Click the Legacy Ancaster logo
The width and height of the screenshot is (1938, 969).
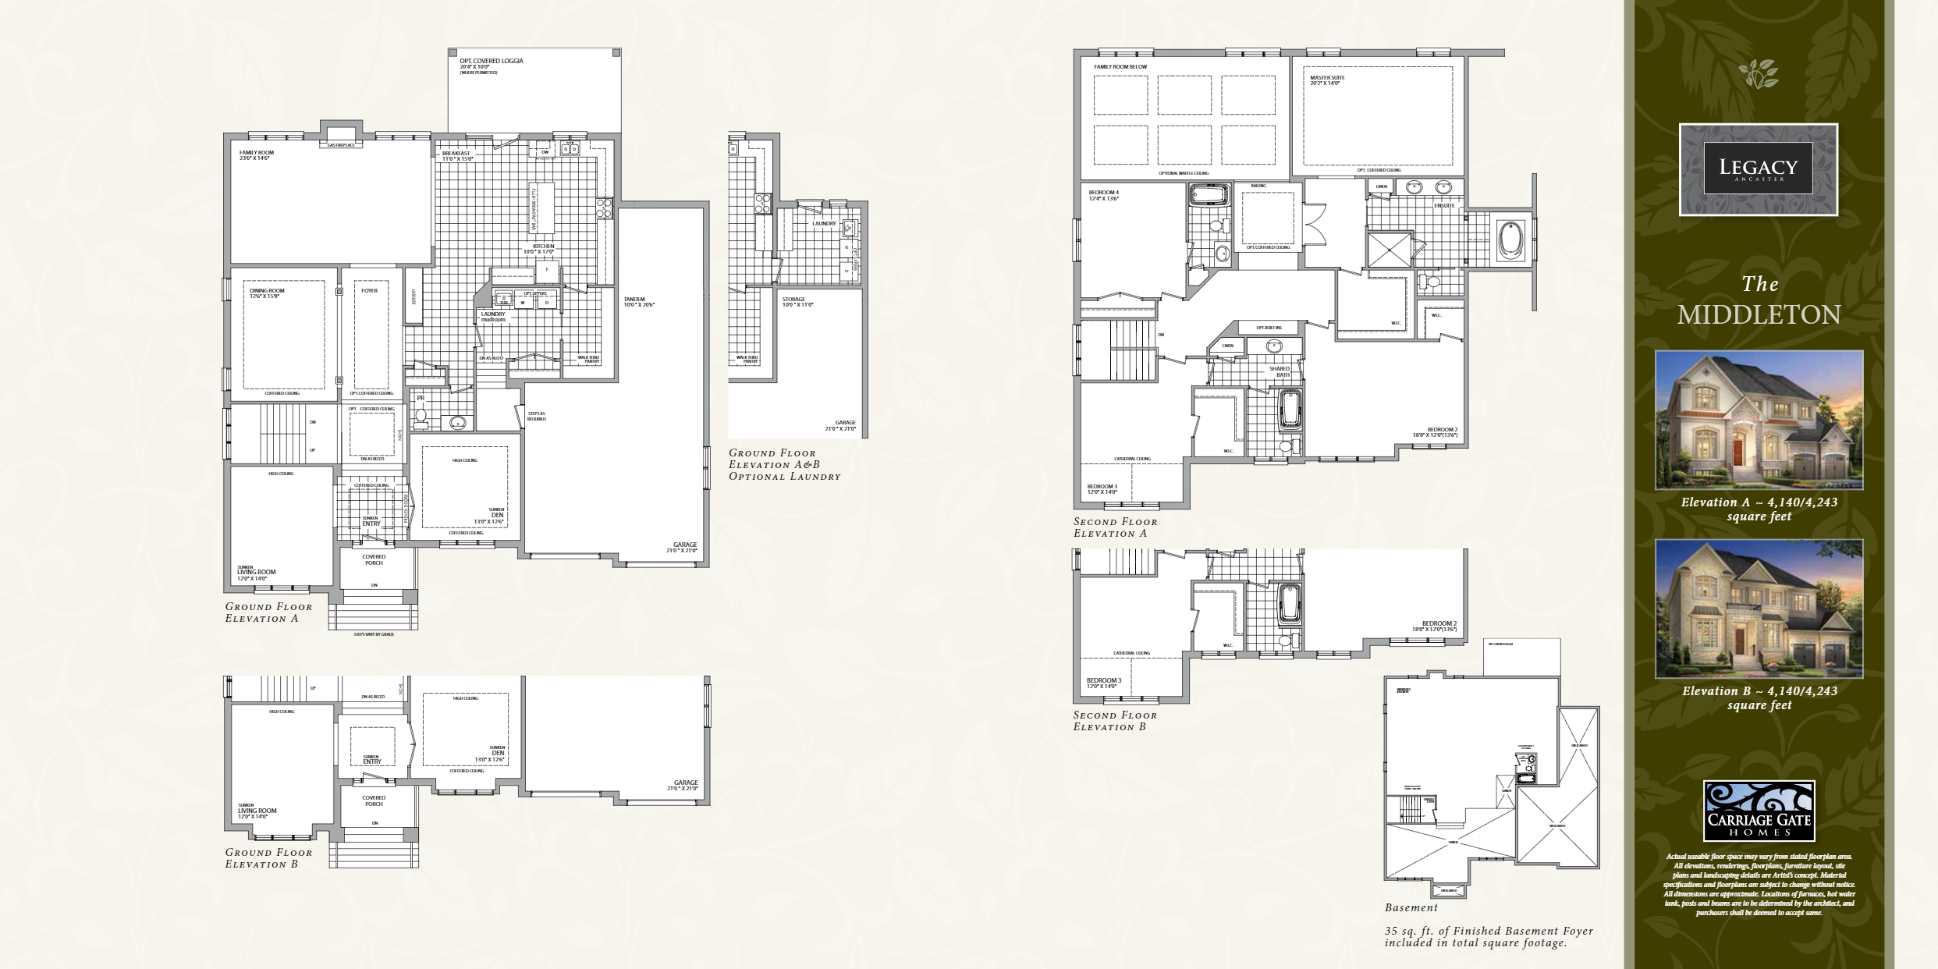coord(1758,169)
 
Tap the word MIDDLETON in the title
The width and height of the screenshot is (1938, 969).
coord(1759,314)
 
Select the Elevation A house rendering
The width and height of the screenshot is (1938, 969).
coord(1759,420)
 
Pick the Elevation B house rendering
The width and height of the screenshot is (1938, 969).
coord(1759,609)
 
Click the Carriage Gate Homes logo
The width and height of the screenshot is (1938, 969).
coord(1759,811)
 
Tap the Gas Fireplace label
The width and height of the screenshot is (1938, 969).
coord(341,145)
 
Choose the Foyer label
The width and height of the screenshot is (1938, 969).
coord(369,290)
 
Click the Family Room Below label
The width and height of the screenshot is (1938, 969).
coord(1120,67)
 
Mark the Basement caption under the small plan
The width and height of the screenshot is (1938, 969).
coord(1411,908)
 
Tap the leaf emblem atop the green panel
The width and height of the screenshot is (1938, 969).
coord(1759,73)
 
